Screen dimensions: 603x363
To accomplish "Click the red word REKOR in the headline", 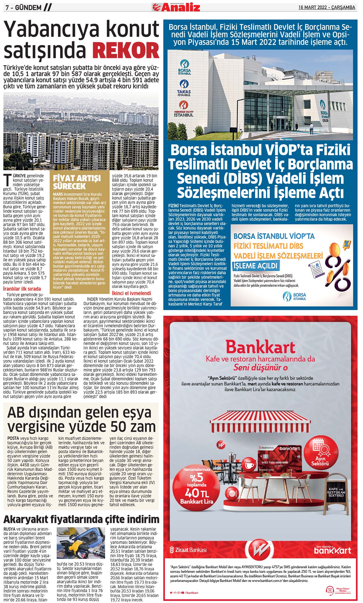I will click(126, 50).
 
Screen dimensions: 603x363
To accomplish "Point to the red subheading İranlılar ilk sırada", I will click(22, 289).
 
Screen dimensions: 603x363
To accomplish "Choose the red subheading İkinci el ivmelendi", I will click(131, 293).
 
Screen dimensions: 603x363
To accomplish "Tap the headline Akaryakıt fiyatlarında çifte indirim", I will click(81, 519).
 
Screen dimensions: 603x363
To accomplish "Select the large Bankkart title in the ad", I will click(260, 347).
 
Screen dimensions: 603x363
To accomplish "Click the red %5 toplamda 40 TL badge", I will click(197, 486).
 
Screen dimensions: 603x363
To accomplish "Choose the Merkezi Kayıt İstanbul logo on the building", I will click(184, 109).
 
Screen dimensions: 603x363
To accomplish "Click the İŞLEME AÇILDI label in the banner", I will click(256, 265).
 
